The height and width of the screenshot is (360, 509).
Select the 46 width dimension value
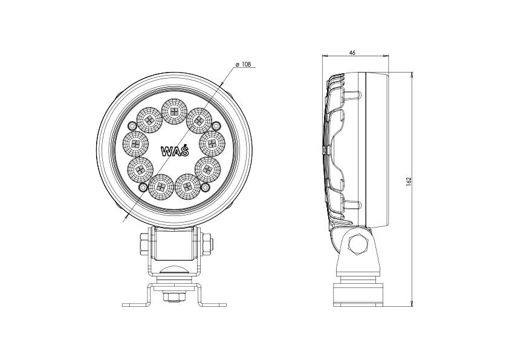(352, 53)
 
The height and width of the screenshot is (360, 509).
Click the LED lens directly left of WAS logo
(135, 143)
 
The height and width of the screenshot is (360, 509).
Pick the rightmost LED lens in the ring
(212, 143)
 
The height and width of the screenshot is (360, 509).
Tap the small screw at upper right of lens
(215, 125)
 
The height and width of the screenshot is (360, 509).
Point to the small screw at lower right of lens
(204, 189)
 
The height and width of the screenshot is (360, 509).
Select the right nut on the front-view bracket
(207, 243)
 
